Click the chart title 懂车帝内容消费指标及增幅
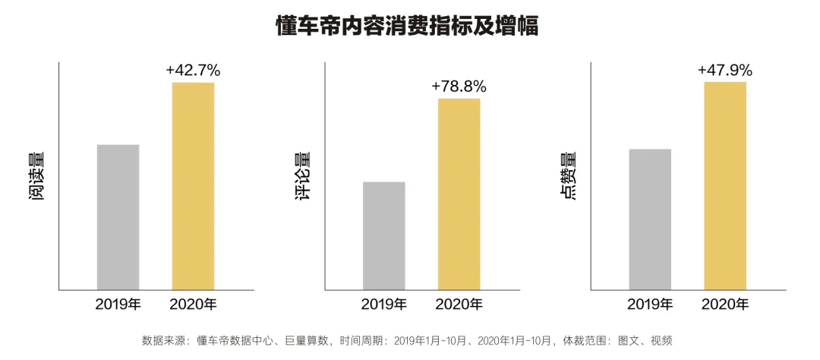[x=408, y=27]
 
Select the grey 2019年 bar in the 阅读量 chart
[x=118, y=217]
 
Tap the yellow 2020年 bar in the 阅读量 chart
[x=194, y=186]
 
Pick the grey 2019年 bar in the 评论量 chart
[x=384, y=236]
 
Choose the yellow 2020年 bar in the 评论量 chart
[x=459, y=194]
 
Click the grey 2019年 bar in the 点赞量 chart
[x=650, y=219]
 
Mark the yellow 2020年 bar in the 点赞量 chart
[x=725, y=186]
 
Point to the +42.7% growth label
[x=193, y=70]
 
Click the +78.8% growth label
[x=459, y=87]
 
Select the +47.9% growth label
[x=725, y=70]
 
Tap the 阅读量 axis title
[x=36, y=176]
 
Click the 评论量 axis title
[x=301, y=176]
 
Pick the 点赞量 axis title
[x=569, y=176]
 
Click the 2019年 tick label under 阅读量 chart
[x=118, y=305]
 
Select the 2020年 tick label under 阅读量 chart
[x=194, y=305]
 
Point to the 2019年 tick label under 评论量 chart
[x=384, y=305]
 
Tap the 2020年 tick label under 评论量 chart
[x=459, y=305]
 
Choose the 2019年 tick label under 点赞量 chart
[x=650, y=305]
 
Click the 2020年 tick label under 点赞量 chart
[x=725, y=305]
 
